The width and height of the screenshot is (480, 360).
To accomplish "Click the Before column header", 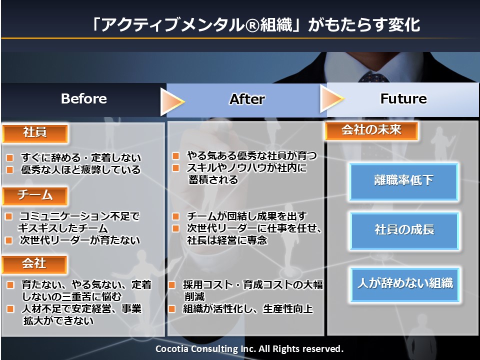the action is click(84, 99).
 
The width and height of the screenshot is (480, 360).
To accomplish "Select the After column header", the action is click(247, 99).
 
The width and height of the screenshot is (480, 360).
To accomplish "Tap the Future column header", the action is click(403, 98).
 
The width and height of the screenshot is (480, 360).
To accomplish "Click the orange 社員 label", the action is click(35, 133).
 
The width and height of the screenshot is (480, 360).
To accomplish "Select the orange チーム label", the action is click(35, 196).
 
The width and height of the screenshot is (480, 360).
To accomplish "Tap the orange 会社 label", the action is click(34, 264).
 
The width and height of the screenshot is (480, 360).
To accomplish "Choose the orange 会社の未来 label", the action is click(371, 130).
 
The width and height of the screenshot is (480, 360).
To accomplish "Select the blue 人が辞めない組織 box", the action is click(405, 284).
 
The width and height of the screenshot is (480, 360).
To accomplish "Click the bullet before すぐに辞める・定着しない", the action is click(10, 158).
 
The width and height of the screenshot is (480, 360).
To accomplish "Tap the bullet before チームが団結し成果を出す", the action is click(175, 216).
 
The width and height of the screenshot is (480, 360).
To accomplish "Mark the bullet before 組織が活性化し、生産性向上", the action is click(171, 309).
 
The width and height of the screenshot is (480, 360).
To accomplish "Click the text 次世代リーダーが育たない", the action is click(80, 240).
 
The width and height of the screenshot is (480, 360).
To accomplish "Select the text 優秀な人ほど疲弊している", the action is click(81, 170).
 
